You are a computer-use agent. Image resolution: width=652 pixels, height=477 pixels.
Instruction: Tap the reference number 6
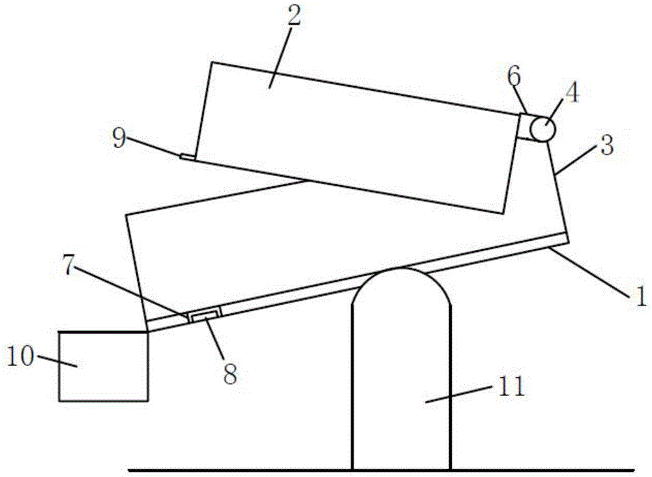click(x=514, y=77)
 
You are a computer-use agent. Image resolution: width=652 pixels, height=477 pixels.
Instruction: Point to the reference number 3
click(x=606, y=145)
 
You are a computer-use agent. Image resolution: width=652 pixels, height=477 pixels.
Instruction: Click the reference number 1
click(x=641, y=298)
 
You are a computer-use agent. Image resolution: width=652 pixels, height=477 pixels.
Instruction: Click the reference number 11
click(x=512, y=388)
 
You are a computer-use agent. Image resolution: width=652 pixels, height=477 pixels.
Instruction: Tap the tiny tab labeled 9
click(x=187, y=157)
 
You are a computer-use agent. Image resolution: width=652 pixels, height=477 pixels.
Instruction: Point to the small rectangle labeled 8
click(x=205, y=316)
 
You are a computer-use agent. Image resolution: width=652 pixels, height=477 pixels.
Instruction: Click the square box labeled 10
click(x=103, y=365)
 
